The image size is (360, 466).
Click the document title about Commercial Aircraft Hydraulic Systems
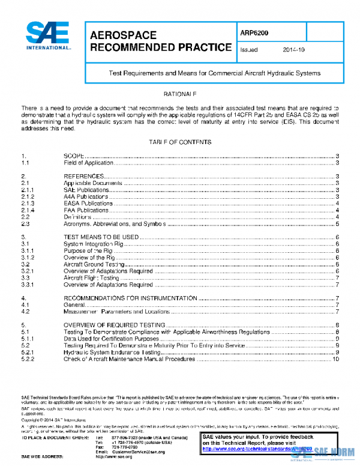tap(214, 73)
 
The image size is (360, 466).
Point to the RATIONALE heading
tap(180, 95)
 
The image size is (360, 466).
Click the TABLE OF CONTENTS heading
tap(180, 142)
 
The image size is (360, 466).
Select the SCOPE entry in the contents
tap(74, 156)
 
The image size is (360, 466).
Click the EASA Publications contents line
tap(88, 204)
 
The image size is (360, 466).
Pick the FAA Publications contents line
tap(86, 210)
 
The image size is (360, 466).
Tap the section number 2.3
tap(26, 224)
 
